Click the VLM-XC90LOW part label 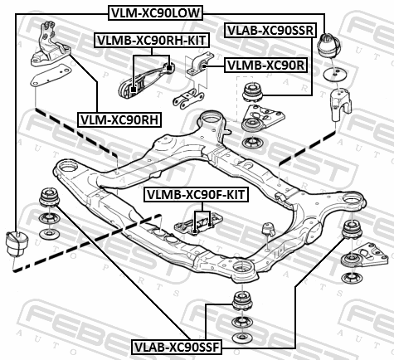click(156, 13)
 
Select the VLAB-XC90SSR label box click(270, 31)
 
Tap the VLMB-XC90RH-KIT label click(152, 41)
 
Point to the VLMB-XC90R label click(265, 66)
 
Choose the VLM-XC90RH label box click(119, 119)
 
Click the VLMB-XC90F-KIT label click(196, 195)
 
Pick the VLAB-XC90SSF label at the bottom click(177, 347)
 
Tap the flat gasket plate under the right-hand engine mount click(51, 75)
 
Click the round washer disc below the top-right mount click(334, 74)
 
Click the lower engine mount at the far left click(17, 244)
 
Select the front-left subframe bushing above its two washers click(50, 197)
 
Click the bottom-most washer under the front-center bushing click(242, 337)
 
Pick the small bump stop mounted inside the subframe click(268, 229)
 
